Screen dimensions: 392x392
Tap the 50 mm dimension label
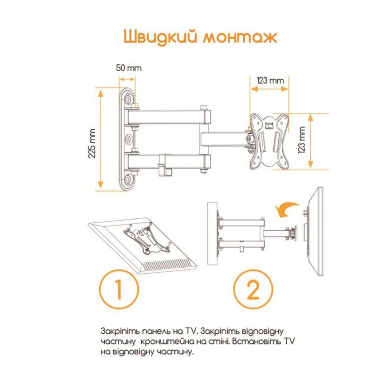129,67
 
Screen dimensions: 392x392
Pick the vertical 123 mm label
302,140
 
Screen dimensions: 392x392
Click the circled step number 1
119,290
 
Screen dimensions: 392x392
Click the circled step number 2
253,290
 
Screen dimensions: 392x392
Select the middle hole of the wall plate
130,138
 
